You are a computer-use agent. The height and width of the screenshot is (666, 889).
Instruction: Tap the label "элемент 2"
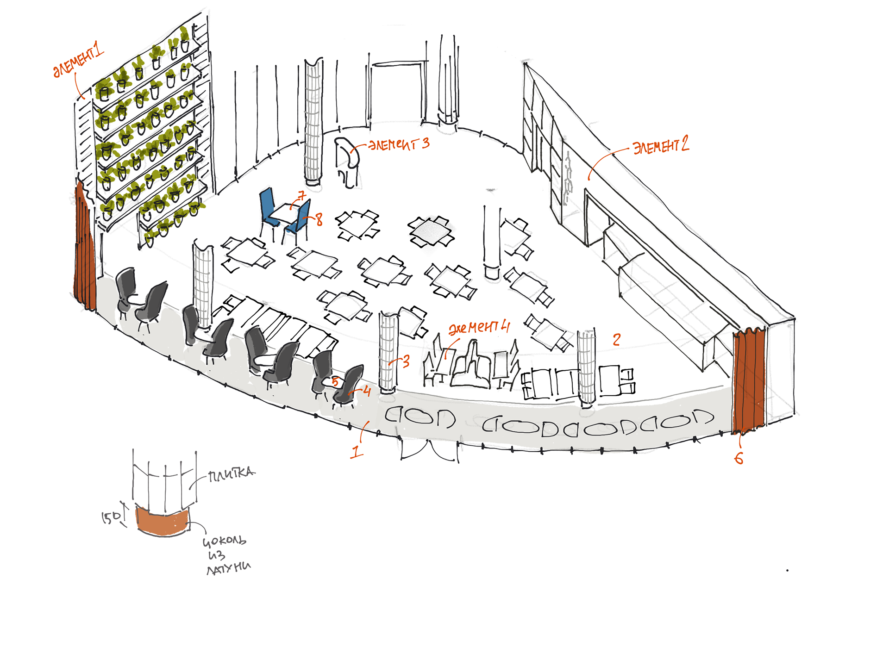point(661,145)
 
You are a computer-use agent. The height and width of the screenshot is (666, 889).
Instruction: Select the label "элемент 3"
point(399,144)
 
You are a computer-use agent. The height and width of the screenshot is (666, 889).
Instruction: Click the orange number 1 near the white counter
point(357,451)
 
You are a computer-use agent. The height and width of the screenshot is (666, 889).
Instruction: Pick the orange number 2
point(616,339)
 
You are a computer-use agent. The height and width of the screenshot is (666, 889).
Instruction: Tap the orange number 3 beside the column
point(406,361)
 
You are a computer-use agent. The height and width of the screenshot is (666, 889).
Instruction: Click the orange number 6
point(739,458)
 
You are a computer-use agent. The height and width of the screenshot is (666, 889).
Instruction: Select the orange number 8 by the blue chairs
point(319,219)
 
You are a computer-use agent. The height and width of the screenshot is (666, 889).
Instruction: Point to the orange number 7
point(302,196)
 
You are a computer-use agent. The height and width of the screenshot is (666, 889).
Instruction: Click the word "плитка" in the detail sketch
point(231,474)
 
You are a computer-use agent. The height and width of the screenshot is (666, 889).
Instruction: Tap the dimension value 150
point(111,517)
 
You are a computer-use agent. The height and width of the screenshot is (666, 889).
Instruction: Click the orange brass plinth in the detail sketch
point(163,522)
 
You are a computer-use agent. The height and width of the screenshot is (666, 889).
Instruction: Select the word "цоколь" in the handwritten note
point(225,541)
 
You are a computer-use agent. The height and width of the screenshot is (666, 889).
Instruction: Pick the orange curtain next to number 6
point(748,380)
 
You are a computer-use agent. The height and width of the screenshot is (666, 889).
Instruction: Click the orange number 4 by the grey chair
point(367,392)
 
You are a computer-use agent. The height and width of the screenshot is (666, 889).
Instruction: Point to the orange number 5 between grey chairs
point(336,382)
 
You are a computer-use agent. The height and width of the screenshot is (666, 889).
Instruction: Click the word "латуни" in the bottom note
point(229,568)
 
